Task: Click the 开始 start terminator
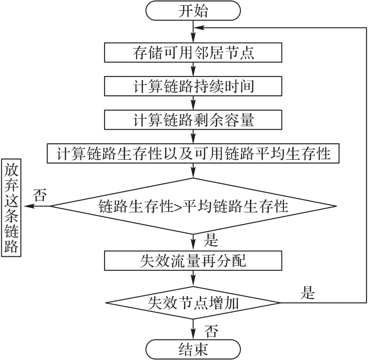(x=193, y=12)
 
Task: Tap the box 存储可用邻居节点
(x=193, y=52)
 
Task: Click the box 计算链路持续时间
(x=193, y=86)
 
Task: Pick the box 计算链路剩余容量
(x=193, y=120)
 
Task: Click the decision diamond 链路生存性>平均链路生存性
(x=193, y=206)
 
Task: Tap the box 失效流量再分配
(x=193, y=260)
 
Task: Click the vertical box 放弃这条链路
(x=13, y=207)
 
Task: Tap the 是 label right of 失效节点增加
(x=308, y=294)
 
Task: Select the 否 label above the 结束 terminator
(x=211, y=332)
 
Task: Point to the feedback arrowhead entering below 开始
(x=199, y=28)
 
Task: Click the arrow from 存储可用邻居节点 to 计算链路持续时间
(x=193, y=69)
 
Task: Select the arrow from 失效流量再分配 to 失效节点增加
(x=193, y=279)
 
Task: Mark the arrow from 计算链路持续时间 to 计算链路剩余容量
(x=193, y=103)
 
